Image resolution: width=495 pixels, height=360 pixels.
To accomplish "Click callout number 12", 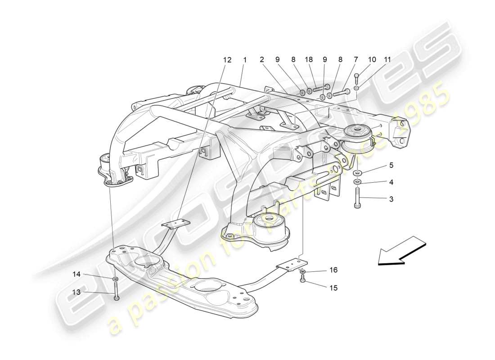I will coord(227,60).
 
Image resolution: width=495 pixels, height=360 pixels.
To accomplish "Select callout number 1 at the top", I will coord(245,60).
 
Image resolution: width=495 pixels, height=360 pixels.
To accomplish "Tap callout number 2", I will coord(261,60).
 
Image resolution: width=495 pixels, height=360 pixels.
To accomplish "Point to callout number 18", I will coord(309,60).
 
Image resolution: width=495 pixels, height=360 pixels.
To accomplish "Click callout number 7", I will coord(356,60).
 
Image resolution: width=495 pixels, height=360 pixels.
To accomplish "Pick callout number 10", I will coord(372,60).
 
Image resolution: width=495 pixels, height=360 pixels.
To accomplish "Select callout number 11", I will coord(387,60).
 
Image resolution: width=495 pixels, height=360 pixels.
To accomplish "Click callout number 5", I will coord(391,165).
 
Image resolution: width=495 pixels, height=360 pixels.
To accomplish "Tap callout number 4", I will coord(391,182).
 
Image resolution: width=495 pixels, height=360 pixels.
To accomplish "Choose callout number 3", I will coord(391,198).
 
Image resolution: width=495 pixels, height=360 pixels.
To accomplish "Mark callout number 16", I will coord(333,270).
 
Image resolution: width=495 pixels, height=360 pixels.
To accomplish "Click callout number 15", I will coord(333,288).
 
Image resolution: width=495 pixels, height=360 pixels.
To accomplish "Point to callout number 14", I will coord(77,273).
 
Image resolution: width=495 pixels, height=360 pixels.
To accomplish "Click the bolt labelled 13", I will coord(116,292).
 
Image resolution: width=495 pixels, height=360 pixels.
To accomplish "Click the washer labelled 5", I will coord(357,173).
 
